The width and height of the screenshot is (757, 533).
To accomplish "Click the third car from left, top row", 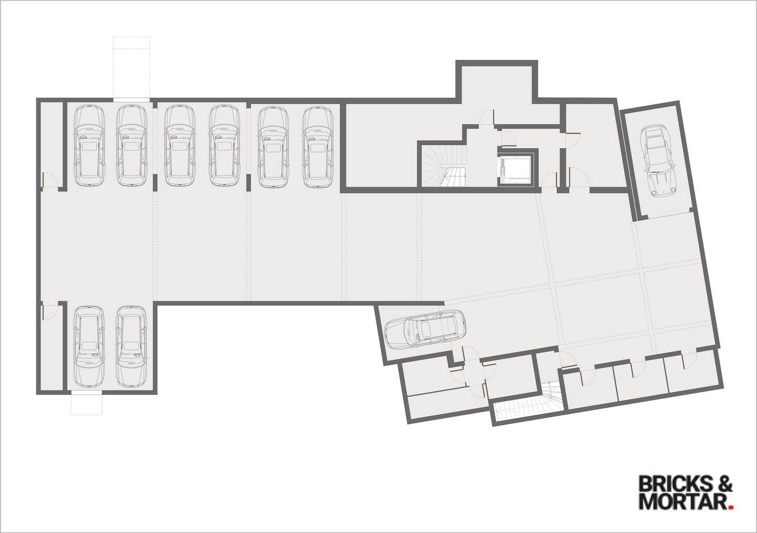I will tap(179, 146).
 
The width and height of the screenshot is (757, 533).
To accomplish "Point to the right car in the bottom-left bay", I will tap(130, 345).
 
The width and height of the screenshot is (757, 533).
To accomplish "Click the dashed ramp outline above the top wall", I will tap(131, 67).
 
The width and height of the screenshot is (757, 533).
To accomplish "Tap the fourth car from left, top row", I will tap(225, 146).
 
